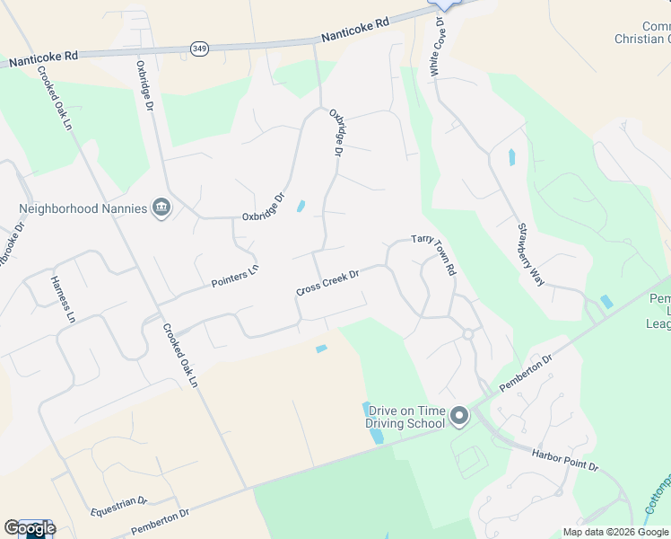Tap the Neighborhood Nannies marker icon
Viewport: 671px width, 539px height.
(x=161, y=208)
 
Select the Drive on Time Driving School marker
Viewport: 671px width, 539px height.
(x=459, y=416)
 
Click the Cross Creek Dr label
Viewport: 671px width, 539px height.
(x=327, y=284)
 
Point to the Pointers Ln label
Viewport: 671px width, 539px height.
(x=235, y=276)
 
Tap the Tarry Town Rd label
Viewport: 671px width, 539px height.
(x=435, y=255)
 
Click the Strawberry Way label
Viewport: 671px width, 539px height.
(x=530, y=254)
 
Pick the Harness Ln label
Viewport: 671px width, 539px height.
(x=64, y=298)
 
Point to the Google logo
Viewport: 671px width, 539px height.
(x=30, y=528)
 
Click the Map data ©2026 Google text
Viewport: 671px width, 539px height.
(x=616, y=532)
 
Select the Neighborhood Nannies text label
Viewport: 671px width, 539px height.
(x=83, y=208)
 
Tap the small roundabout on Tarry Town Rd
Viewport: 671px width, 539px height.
(x=467, y=334)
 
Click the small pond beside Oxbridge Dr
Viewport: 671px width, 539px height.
(x=301, y=206)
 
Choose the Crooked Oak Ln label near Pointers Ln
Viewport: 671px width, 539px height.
(x=179, y=355)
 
